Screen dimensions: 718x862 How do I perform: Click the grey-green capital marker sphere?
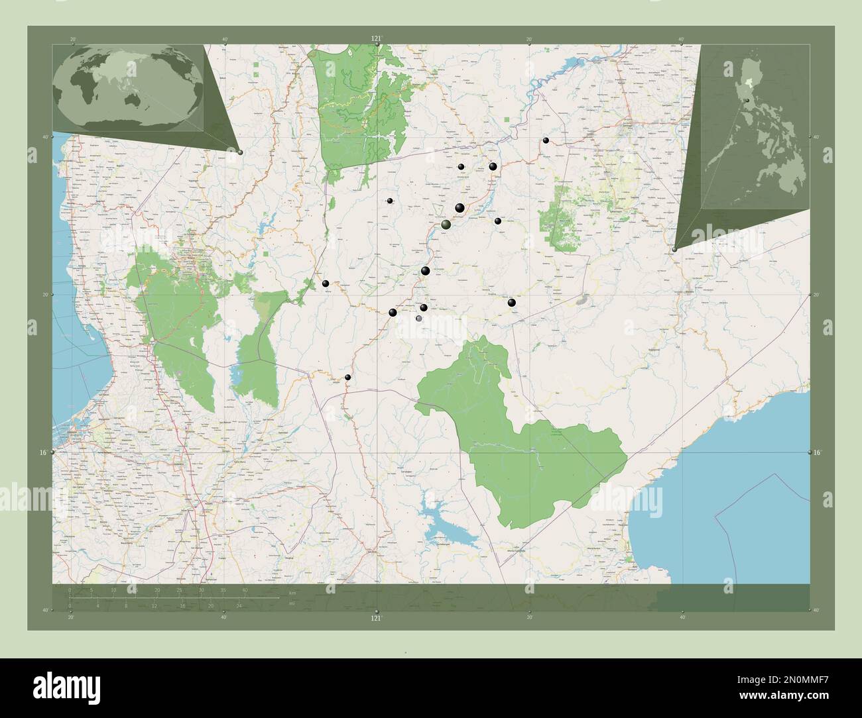pos(446,225)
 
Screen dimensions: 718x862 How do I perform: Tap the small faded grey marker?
pos(418,319)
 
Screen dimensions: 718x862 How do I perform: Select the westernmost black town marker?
pos(326,283)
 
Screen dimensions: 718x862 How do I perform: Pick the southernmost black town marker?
pos(347,378)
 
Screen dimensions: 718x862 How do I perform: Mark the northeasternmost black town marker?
pos(546,140)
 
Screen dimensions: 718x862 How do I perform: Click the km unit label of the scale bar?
pos(292,592)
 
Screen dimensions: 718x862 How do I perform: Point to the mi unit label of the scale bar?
pos(292,603)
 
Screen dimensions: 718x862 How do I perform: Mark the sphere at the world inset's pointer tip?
pos(240,152)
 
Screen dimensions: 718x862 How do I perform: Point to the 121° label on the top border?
pos(376,39)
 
